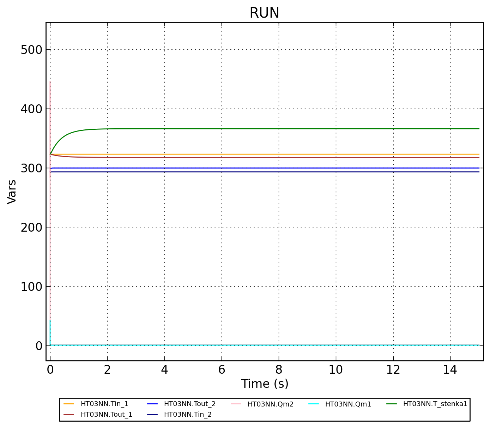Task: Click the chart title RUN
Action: (264, 13)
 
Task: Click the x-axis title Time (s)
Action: (265, 384)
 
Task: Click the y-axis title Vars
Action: (12, 191)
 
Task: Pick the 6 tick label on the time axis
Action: (222, 370)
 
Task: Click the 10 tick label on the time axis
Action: (336, 370)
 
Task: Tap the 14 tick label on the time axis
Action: (450, 370)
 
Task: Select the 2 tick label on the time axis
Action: (107, 370)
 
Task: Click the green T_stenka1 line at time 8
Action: (279, 129)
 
